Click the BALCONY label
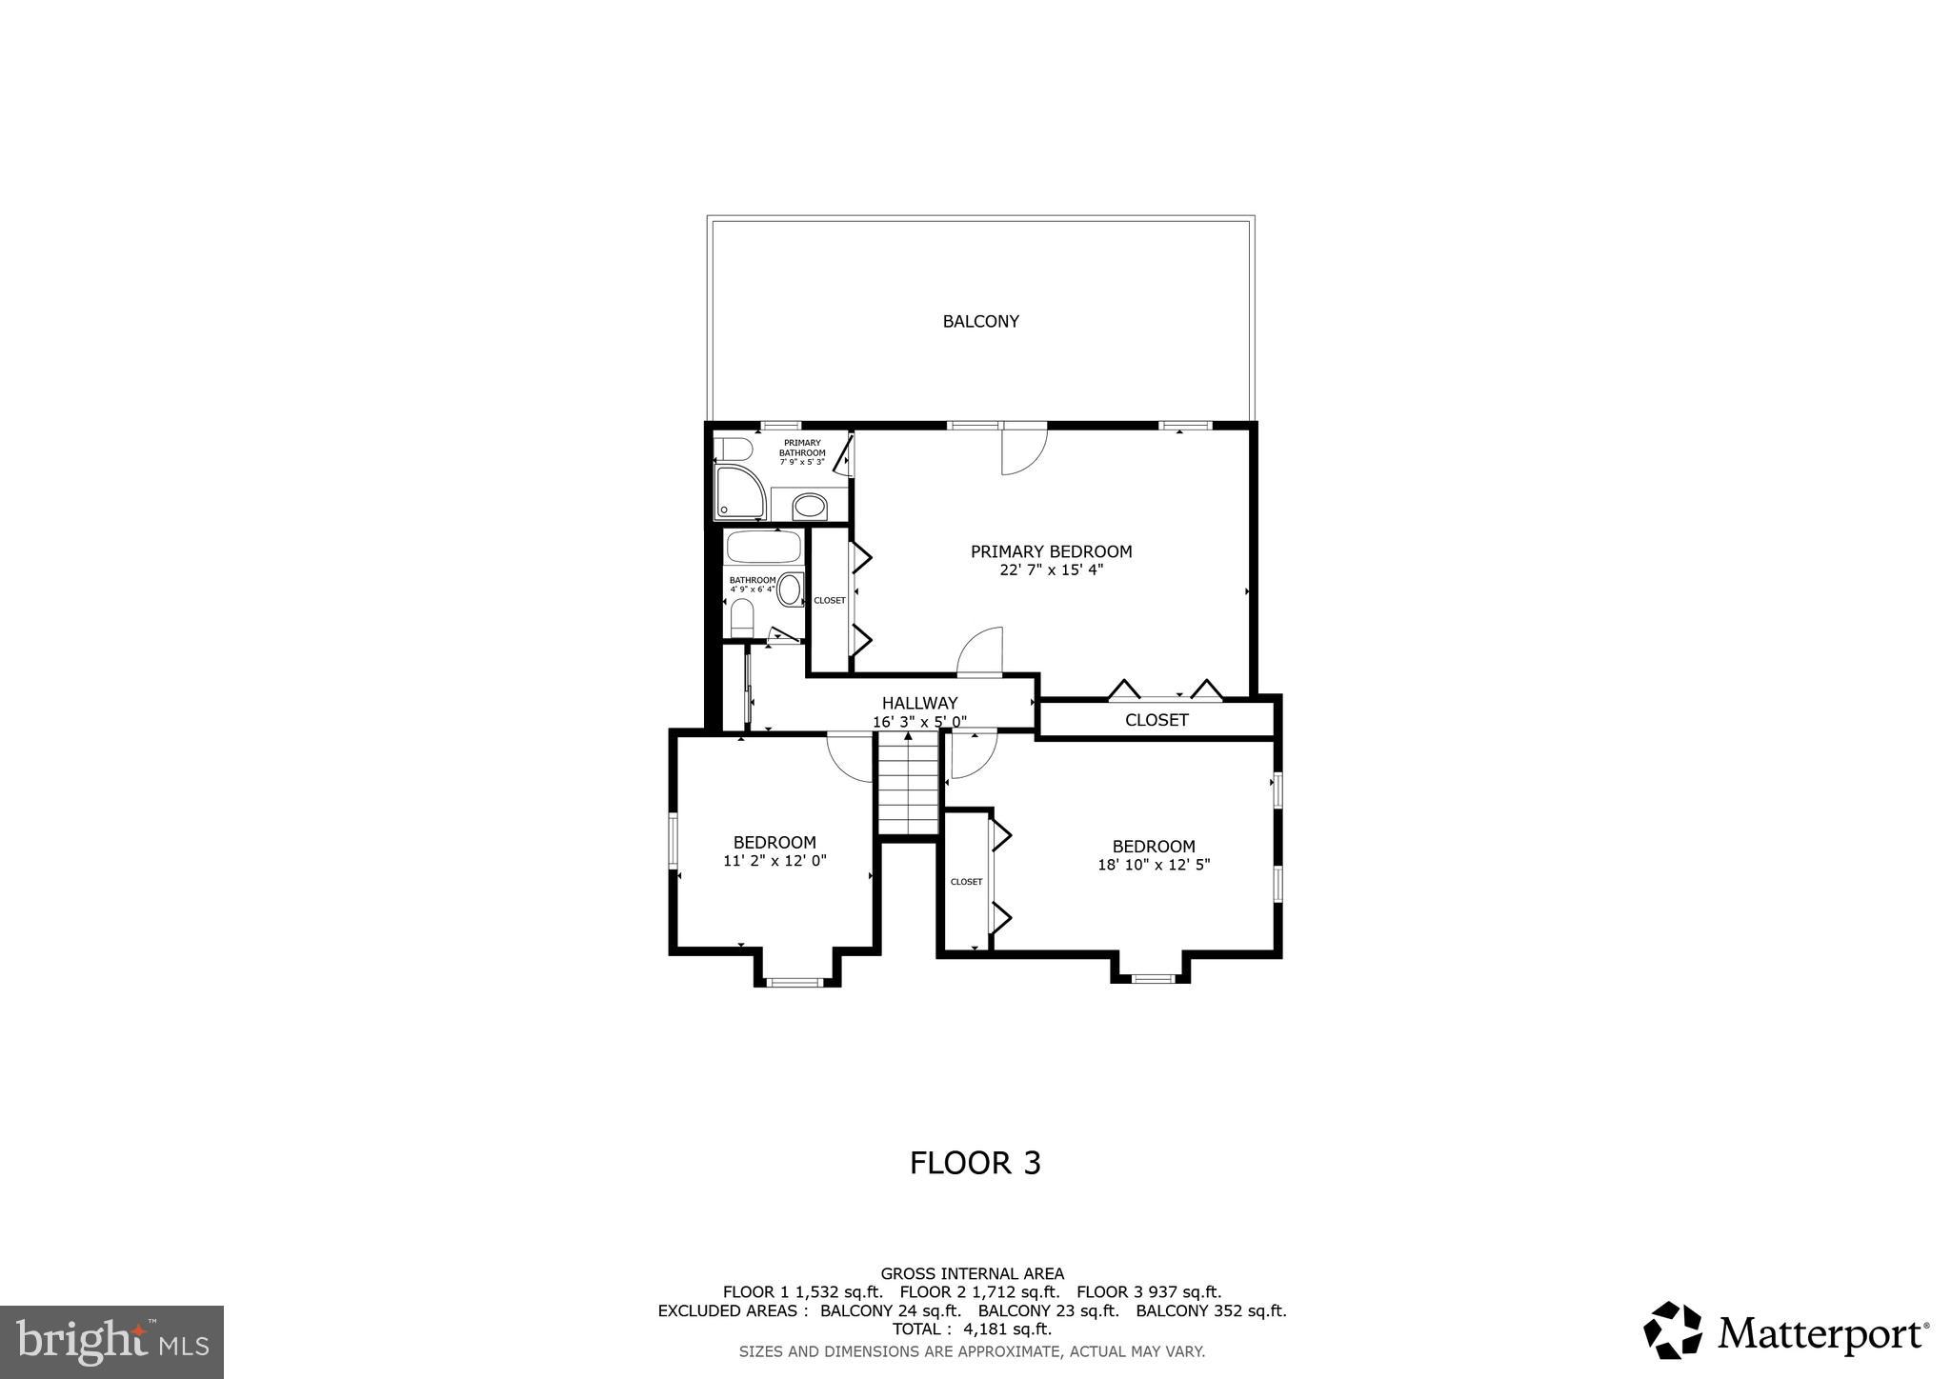pyautogui.click(x=980, y=322)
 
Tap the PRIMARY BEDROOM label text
pyautogui.click(x=1051, y=551)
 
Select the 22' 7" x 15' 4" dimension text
pyautogui.click(x=1051, y=570)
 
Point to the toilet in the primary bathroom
pyautogui.click(x=734, y=449)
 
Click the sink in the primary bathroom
pyautogui.click(x=809, y=505)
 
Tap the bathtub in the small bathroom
pyautogui.click(x=763, y=549)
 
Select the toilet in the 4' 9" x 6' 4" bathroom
pyautogui.click(x=741, y=621)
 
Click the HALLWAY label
pyautogui.click(x=919, y=703)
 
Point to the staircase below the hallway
pyautogui.click(x=909, y=786)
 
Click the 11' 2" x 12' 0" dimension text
pyautogui.click(x=774, y=861)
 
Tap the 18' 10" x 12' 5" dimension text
pyautogui.click(x=1153, y=865)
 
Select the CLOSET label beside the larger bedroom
pyautogui.click(x=966, y=882)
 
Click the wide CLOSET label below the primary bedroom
pyautogui.click(x=1156, y=720)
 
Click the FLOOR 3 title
pyautogui.click(x=975, y=1163)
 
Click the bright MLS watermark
pyautogui.click(x=111, y=1342)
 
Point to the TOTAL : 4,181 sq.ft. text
pyautogui.click(x=972, y=1329)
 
